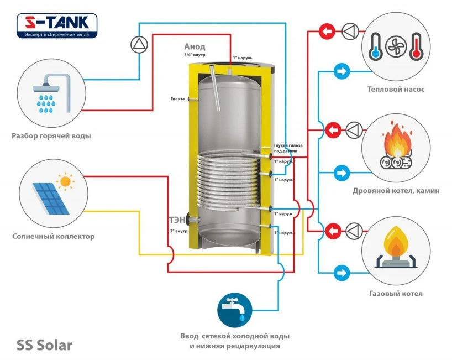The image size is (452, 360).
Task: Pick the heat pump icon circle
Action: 396,46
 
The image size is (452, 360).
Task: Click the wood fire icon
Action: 396,145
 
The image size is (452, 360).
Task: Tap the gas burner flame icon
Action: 396,248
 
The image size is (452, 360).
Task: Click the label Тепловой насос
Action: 396,89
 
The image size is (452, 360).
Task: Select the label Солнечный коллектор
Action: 53,236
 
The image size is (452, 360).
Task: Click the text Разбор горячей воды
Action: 51,135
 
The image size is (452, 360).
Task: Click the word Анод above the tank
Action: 195,47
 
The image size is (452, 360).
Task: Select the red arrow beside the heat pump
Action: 329,32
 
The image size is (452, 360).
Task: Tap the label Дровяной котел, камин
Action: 396,191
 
